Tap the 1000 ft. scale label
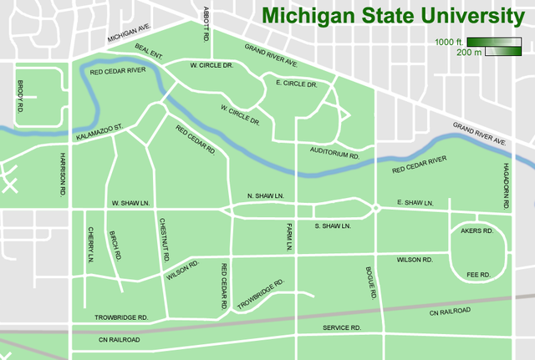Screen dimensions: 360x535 tap(448, 42)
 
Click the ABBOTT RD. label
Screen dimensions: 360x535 tap(205, 23)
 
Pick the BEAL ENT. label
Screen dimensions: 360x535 tap(148, 52)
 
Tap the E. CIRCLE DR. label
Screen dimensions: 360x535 tap(296, 84)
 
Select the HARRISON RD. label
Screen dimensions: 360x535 tap(62, 174)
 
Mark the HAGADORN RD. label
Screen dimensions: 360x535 tap(506, 185)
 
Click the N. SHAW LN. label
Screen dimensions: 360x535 tap(266, 196)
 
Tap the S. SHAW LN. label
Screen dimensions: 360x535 tap(332, 226)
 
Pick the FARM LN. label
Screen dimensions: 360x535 tap(285, 237)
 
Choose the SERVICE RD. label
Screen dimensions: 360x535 tap(342, 328)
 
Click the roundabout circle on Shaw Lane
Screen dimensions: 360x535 tap(376, 207)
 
